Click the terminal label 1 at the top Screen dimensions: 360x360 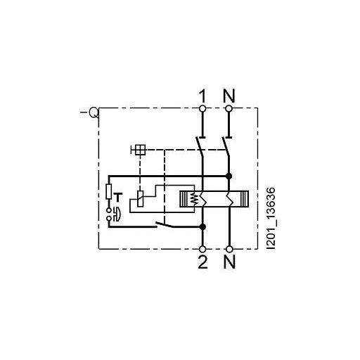(202, 92)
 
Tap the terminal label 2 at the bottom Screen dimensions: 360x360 (202, 264)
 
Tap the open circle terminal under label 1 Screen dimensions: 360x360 (202, 108)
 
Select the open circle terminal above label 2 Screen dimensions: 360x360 (202, 248)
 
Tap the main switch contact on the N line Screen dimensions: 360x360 (226, 148)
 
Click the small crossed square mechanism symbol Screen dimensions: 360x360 (139, 149)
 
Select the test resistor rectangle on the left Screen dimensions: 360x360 (108, 191)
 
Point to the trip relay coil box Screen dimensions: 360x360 (140, 199)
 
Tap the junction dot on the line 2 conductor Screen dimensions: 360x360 (202, 227)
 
